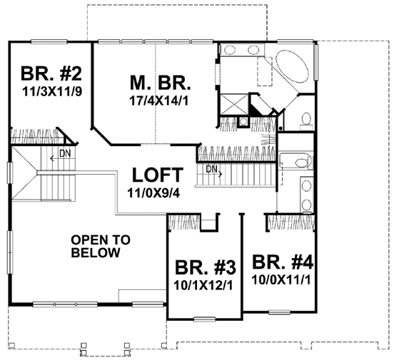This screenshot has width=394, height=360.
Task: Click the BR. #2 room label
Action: (x=51, y=73)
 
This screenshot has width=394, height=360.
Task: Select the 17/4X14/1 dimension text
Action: (x=158, y=101)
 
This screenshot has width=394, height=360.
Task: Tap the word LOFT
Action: (x=158, y=175)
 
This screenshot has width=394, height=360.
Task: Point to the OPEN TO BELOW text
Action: (x=101, y=246)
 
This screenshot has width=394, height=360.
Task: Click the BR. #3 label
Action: (x=206, y=267)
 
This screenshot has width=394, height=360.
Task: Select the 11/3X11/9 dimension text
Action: (x=52, y=92)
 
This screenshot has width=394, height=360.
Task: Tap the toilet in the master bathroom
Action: (x=306, y=120)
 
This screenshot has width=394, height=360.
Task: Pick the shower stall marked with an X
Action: (x=234, y=104)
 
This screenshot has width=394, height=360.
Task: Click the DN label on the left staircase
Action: (x=65, y=153)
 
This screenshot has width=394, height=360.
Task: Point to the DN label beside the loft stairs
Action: (x=211, y=170)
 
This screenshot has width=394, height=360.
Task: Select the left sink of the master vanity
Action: (x=229, y=50)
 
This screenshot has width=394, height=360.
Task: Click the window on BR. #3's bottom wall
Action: (x=205, y=319)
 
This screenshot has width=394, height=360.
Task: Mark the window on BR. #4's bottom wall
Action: (x=279, y=312)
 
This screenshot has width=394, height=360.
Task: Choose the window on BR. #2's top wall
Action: (x=49, y=41)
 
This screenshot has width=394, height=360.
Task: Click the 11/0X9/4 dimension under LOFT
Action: (x=154, y=193)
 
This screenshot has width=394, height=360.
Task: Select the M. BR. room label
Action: (x=161, y=83)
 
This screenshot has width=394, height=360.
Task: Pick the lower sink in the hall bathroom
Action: (x=306, y=205)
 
